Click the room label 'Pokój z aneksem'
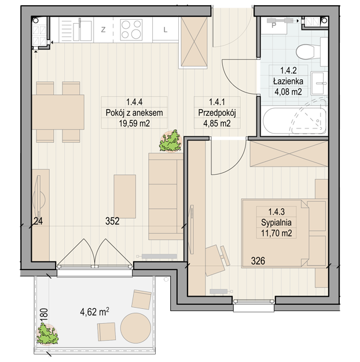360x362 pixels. coord(134,113)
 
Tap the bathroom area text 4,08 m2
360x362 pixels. coord(288,92)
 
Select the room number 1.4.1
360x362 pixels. coord(217,102)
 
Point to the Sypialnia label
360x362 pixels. coord(276,223)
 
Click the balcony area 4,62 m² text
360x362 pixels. coord(95,312)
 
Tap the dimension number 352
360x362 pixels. coord(112,221)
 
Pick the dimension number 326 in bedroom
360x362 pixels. coord(258,261)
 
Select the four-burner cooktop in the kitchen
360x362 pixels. coord(131,29)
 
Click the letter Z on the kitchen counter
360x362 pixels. coord(103,29)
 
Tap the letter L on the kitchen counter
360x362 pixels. coord(165,29)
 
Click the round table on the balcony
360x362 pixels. coord(136,328)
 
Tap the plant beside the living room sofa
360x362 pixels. coord(171,141)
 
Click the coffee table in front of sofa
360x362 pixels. coord(125,197)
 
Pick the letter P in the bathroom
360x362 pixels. coord(274,25)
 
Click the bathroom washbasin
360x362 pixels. coord(319,83)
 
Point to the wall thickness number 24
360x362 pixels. coord(38,221)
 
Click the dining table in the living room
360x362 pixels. coord(58,112)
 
